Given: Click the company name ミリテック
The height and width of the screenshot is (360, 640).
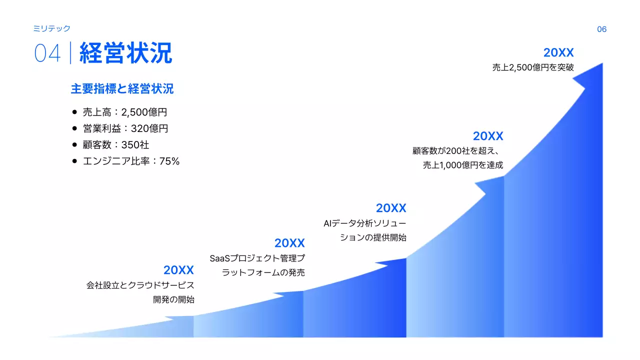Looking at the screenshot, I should pyautogui.click(x=51, y=28).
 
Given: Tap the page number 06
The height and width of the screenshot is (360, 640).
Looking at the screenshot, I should pyautogui.click(x=601, y=29).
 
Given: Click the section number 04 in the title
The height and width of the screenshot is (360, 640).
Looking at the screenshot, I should pyautogui.click(x=47, y=53).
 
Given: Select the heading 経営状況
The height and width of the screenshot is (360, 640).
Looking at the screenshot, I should pyautogui.click(x=125, y=53).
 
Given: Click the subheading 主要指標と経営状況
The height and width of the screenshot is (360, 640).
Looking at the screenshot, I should pyautogui.click(x=122, y=89).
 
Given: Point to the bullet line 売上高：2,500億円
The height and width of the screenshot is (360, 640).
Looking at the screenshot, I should pyautogui.click(x=124, y=112).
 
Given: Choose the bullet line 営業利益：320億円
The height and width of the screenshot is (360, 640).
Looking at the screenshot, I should pyautogui.click(x=125, y=128).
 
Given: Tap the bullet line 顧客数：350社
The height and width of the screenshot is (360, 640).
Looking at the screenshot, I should pyautogui.click(x=116, y=145).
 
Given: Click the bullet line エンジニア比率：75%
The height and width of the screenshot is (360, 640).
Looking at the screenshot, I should pyautogui.click(x=131, y=161).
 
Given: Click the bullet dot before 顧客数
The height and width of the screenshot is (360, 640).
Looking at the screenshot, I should pyautogui.click(x=74, y=145).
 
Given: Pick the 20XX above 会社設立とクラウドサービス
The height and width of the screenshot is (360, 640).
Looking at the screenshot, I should pyautogui.click(x=178, y=270).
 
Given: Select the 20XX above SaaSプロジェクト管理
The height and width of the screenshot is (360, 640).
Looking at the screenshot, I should pyautogui.click(x=289, y=243).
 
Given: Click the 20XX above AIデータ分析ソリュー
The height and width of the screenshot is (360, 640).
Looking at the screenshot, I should pyautogui.click(x=391, y=208).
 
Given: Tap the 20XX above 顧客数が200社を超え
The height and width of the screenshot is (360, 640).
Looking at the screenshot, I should pyautogui.click(x=488, y=136).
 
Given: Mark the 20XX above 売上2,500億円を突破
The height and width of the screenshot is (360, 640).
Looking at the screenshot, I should pyautogui.click(x=558, y=53).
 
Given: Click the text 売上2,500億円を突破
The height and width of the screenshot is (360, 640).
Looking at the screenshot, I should pyautogui.click(x=533, y=67).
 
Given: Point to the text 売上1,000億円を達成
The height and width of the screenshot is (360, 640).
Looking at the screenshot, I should pyautogui.click(x=463, y=165).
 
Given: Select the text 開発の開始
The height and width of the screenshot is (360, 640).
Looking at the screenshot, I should pyautogui.click(x=173, y=300).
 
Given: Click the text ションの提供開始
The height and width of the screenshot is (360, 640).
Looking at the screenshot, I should pyautogui.click(x=373, y=238).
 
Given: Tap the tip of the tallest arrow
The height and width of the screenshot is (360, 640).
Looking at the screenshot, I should pyautogui.click(x=601, y=64).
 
